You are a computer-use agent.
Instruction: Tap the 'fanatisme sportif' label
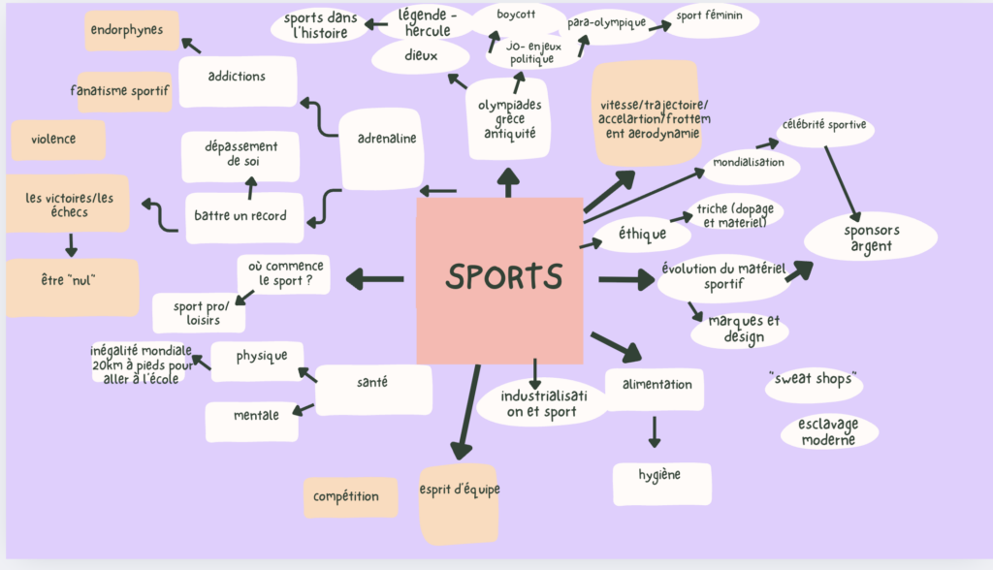pos(124,91)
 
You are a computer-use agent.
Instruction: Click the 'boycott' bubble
pos(517,16)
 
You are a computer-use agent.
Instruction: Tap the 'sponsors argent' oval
pos(871,237)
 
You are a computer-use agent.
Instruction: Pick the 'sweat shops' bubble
pos(813,380)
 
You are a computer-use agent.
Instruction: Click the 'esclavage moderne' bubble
pos(827,432)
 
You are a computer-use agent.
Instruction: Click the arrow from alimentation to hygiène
pos(655,430)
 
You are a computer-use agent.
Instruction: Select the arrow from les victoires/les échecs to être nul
pos(71,243)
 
